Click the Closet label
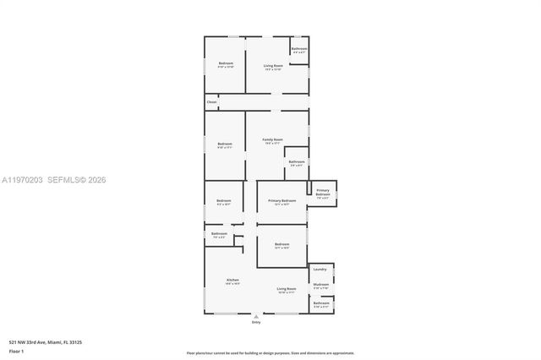(x=211, y=102)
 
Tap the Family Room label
(x=272, y=139)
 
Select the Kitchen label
(x=232, y=280)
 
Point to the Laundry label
(x=320, y=270)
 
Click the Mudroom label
(x=321, y=284)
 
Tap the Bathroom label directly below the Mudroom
(x=321, y=303)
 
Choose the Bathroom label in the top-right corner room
(x=299, y=49)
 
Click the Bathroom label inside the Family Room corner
(x=296, y=161)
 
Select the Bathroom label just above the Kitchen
(x=219, y=233)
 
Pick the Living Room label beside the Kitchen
(x=287, y=289)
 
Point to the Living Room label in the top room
(x=272, y=65)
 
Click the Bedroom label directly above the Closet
(x=226, y=63)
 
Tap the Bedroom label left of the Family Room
(x=224, y=143)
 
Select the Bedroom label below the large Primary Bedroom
(x=282, y=244)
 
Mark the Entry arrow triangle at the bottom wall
(x=256, y=316)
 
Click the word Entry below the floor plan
(x=256, y=323)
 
